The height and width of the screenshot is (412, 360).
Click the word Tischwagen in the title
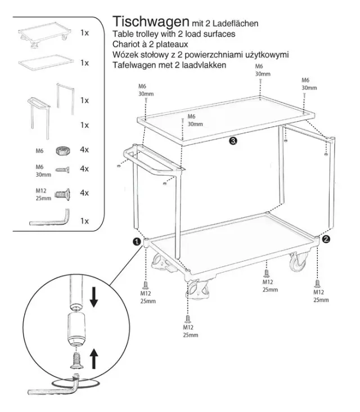pyautogui.click(x=151, y=22)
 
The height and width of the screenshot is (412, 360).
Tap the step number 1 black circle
pyautogui.click(x=137, y=241)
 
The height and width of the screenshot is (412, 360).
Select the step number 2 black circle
pyautogui.click(x=326, y=239)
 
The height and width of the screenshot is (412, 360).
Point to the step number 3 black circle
pyautogui.click(x=233, y=141)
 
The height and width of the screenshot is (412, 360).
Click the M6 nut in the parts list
pyautogui.click(x=63, y=150)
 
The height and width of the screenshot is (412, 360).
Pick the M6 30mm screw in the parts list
pyautogui.click(x=62, y=170)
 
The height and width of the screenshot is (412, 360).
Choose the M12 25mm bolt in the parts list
pyautogui.click(x=62, y=194)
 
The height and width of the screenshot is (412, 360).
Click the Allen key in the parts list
pyautogui.click(x=50, y=218)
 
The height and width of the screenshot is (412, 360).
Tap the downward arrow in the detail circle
pyautogui.click(x=94, y=297)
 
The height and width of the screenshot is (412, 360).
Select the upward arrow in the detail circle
pyautogui.click(x=94, y=359)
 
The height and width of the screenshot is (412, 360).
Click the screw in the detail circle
pyautogui.click(x=76, y=360)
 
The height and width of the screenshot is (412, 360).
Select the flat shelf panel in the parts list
pyautogui.click(x=46, y=62)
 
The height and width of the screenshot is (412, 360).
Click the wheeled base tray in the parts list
pyautogui.click(x=44, y=35)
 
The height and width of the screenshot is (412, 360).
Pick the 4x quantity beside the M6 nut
pyautogui.click(x=84, y=150)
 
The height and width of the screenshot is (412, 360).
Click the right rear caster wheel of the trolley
pyautogui.click(x=299, y=262)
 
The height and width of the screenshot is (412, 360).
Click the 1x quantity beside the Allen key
pyautogui.click(x=84, y=221)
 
